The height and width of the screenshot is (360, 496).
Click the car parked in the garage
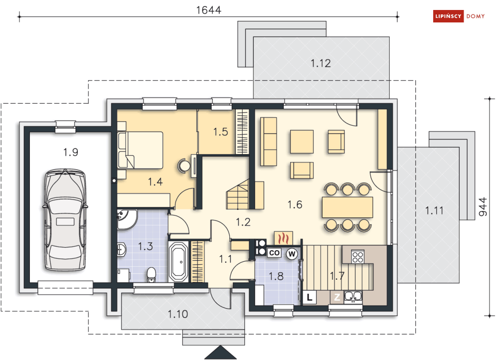65,219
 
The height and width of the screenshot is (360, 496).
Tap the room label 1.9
71,152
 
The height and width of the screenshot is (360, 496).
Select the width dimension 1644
208,10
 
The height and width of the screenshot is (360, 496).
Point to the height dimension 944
483,207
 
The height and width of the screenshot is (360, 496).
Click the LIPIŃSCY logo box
448,16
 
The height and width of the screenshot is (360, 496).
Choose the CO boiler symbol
274,253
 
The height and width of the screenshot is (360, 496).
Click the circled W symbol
292,254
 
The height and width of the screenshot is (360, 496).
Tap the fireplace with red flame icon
284,238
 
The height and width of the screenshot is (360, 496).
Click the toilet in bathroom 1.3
152,275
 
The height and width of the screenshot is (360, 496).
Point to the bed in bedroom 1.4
140,150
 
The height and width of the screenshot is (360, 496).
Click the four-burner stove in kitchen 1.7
358,257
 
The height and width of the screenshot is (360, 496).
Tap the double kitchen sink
353,296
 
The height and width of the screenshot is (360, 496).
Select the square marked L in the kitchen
310,297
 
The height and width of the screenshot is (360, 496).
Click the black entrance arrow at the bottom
220,353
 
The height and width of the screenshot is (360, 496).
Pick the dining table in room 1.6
347,207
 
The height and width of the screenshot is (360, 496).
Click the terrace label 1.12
321,63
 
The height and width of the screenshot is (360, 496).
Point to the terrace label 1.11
434,210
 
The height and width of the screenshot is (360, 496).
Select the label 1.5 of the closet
220,132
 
